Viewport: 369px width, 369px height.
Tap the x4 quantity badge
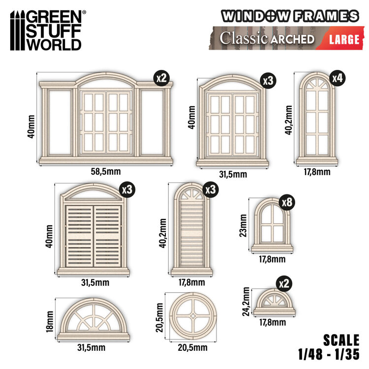(x=337, y=78)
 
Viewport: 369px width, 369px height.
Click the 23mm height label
(x=242, y=225)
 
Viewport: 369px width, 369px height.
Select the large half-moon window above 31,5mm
(x=93, y=319)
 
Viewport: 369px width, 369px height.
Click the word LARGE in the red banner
(x=344, y=39)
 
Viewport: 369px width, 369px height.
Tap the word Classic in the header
(x=241, y=39)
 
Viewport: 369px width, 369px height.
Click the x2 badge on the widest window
(x=161, y=78)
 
